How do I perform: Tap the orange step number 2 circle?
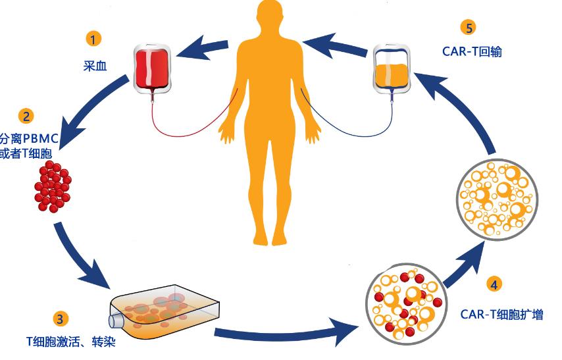click(27, 116)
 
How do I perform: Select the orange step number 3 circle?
click(61, 319)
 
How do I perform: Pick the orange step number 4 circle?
click(494, 284)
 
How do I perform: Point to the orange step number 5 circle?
click(468, 27)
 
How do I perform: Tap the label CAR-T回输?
click(472, 51)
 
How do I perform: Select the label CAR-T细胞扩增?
click(501, 314)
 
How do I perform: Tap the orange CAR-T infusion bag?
click(392, 68)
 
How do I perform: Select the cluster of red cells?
click(52, 188)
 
